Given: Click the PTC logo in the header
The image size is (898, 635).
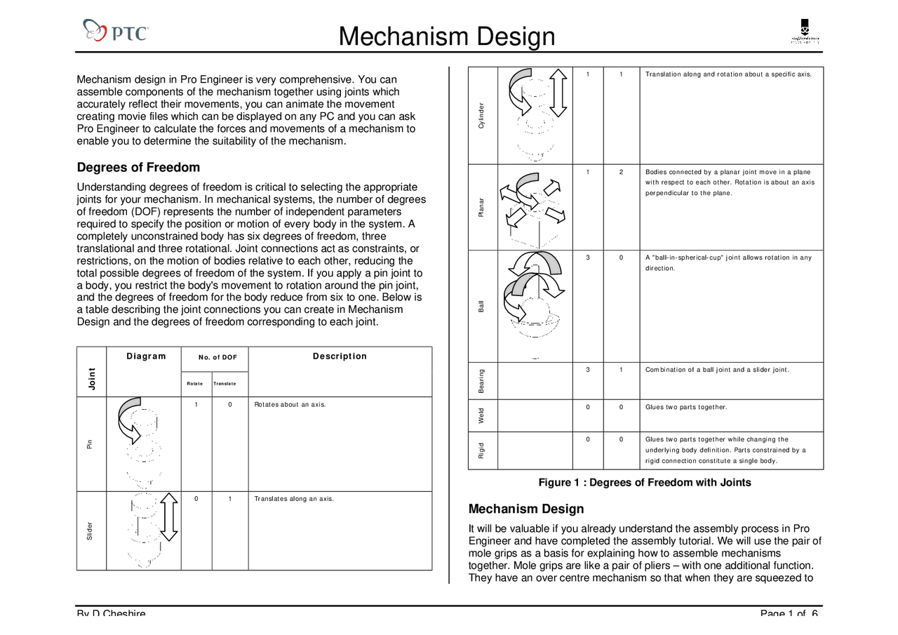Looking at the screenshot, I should coord(116,31).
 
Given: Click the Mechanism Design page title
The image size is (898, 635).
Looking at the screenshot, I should coord(447,36).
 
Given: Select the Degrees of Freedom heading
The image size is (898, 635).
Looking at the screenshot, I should coord(138,167).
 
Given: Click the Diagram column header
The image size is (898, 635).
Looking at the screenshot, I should coord(146,356).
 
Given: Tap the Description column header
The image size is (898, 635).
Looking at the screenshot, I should coord(340,356).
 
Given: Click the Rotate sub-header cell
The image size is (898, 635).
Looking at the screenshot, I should coord(194,383).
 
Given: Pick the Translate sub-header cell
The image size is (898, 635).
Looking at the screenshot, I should coord(225,383).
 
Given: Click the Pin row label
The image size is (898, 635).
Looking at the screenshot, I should coord(90,443).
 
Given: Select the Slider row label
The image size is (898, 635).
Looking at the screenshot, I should coord(90,531).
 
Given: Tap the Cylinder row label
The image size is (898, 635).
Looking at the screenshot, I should coord(481,115).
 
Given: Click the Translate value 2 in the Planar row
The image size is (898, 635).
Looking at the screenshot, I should coord(622,172).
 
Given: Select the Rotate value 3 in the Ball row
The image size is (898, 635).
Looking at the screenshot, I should coord(588,258).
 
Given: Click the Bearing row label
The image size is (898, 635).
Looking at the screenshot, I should coord(481,381).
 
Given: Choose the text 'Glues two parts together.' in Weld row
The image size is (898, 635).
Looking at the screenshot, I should coord(686,407).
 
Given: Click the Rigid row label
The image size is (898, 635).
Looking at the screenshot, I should coord(481,450).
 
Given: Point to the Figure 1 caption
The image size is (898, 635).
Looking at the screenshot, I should coord(644,483).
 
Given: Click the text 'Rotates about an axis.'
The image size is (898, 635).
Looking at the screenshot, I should coord(290,405).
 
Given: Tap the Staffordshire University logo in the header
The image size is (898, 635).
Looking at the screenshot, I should coord(805,32).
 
